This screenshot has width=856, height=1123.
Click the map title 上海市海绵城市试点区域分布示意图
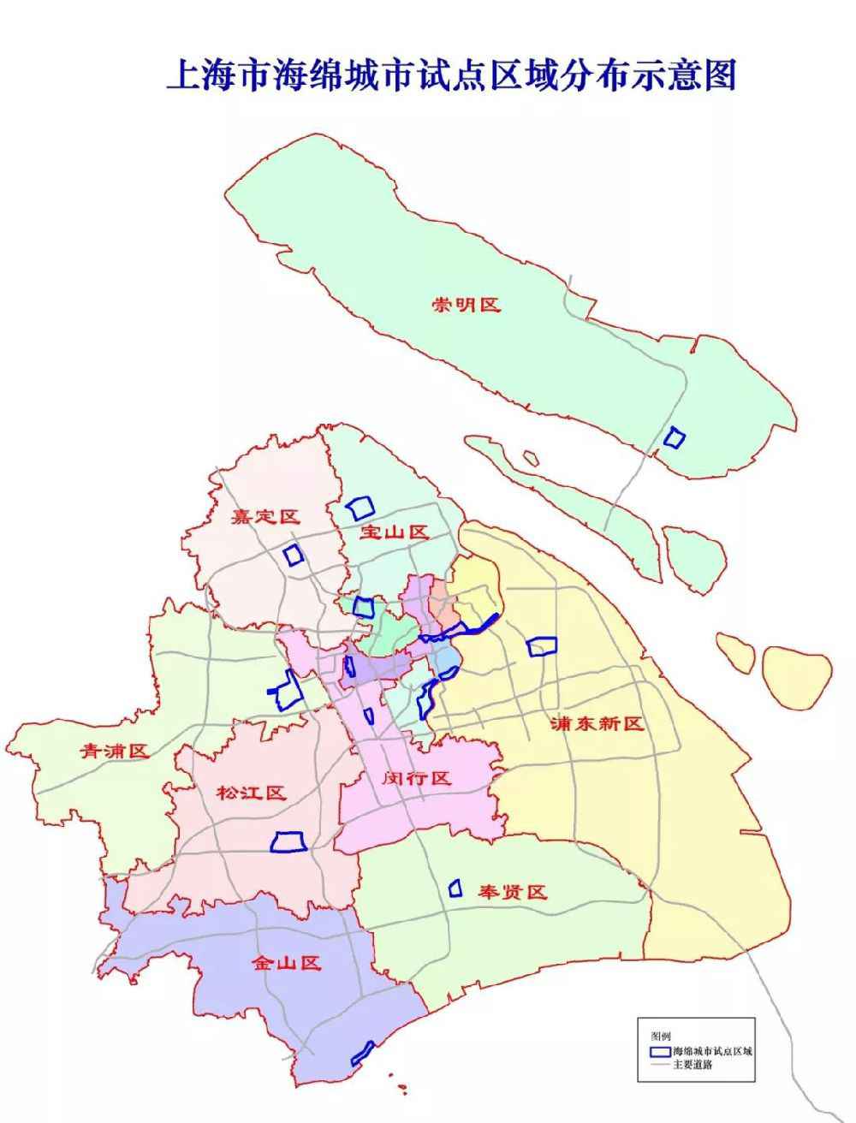pyautogui.click(x=451, y=75)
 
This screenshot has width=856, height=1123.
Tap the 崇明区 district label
pyautogui.click(x=466, y=305)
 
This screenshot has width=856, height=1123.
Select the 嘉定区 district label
pyautogui.click(x=266, y=517)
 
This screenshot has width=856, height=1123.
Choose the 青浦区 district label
pyautogui.click(x=115, y=751)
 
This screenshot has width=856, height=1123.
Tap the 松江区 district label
pyautogui.click(x=250, y=793)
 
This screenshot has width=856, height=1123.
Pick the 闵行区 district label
pyautogui.click(x=416, y=778)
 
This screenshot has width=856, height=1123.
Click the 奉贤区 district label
pyautogui.click(x=512, y=893)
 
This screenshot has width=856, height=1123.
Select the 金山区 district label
pyautogui.click(x=286, y=964)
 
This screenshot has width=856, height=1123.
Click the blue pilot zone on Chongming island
pyautogui.click(x=675, y=438)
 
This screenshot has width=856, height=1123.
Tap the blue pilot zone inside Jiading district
pyautogui.click(x=294, y=555)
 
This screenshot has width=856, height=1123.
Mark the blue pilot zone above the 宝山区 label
pyautogui.click(x=360, y=508)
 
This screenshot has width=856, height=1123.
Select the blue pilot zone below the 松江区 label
pyautogui.click(x=288, y=842)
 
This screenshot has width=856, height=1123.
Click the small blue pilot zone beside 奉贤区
pyautogui.click(x=455, y=888)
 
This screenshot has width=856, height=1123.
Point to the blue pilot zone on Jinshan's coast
pyautogui.click(x=363, y=1053)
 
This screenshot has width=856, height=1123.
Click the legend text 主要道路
pyautogui.click(x=694, y=1066)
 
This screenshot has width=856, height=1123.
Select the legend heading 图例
pyautogui.click(x=660, y=1035)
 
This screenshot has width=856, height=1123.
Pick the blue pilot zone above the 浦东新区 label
pyautogui.click(x=542, y=646)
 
